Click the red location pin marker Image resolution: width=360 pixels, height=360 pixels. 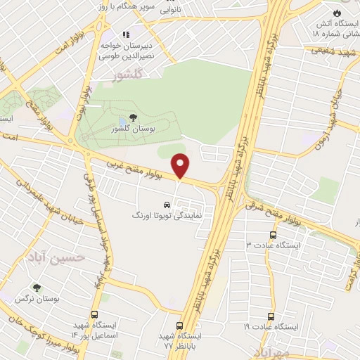181,166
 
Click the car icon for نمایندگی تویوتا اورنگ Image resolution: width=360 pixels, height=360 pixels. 166,200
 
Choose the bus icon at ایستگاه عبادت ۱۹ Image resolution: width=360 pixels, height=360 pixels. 271,317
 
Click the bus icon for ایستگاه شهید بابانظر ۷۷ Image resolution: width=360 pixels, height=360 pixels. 179,326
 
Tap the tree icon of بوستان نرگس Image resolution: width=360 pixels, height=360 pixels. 37,288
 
